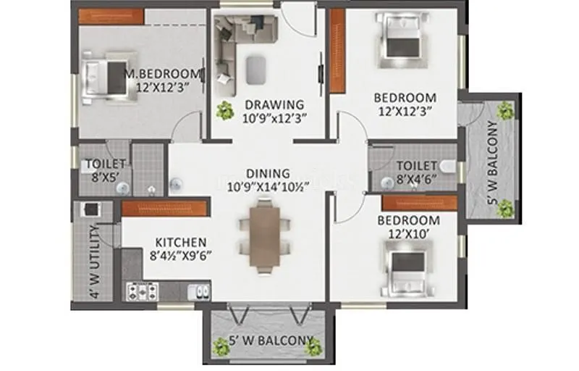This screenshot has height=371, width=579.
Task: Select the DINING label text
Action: point(268,173)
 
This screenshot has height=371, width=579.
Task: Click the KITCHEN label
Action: point(181,242)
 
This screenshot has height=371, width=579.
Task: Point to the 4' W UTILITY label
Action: point(93,262)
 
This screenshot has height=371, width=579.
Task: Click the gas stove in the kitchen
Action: point(143,291)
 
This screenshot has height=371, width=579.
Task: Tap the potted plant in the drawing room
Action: point(226,109)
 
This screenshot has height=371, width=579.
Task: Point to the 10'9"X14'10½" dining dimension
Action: point(268,186)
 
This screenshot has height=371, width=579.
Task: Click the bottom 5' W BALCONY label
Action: point(271,341)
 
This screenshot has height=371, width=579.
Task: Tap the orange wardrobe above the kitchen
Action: point(164,208)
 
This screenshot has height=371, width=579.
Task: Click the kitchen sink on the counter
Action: point(199,291)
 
